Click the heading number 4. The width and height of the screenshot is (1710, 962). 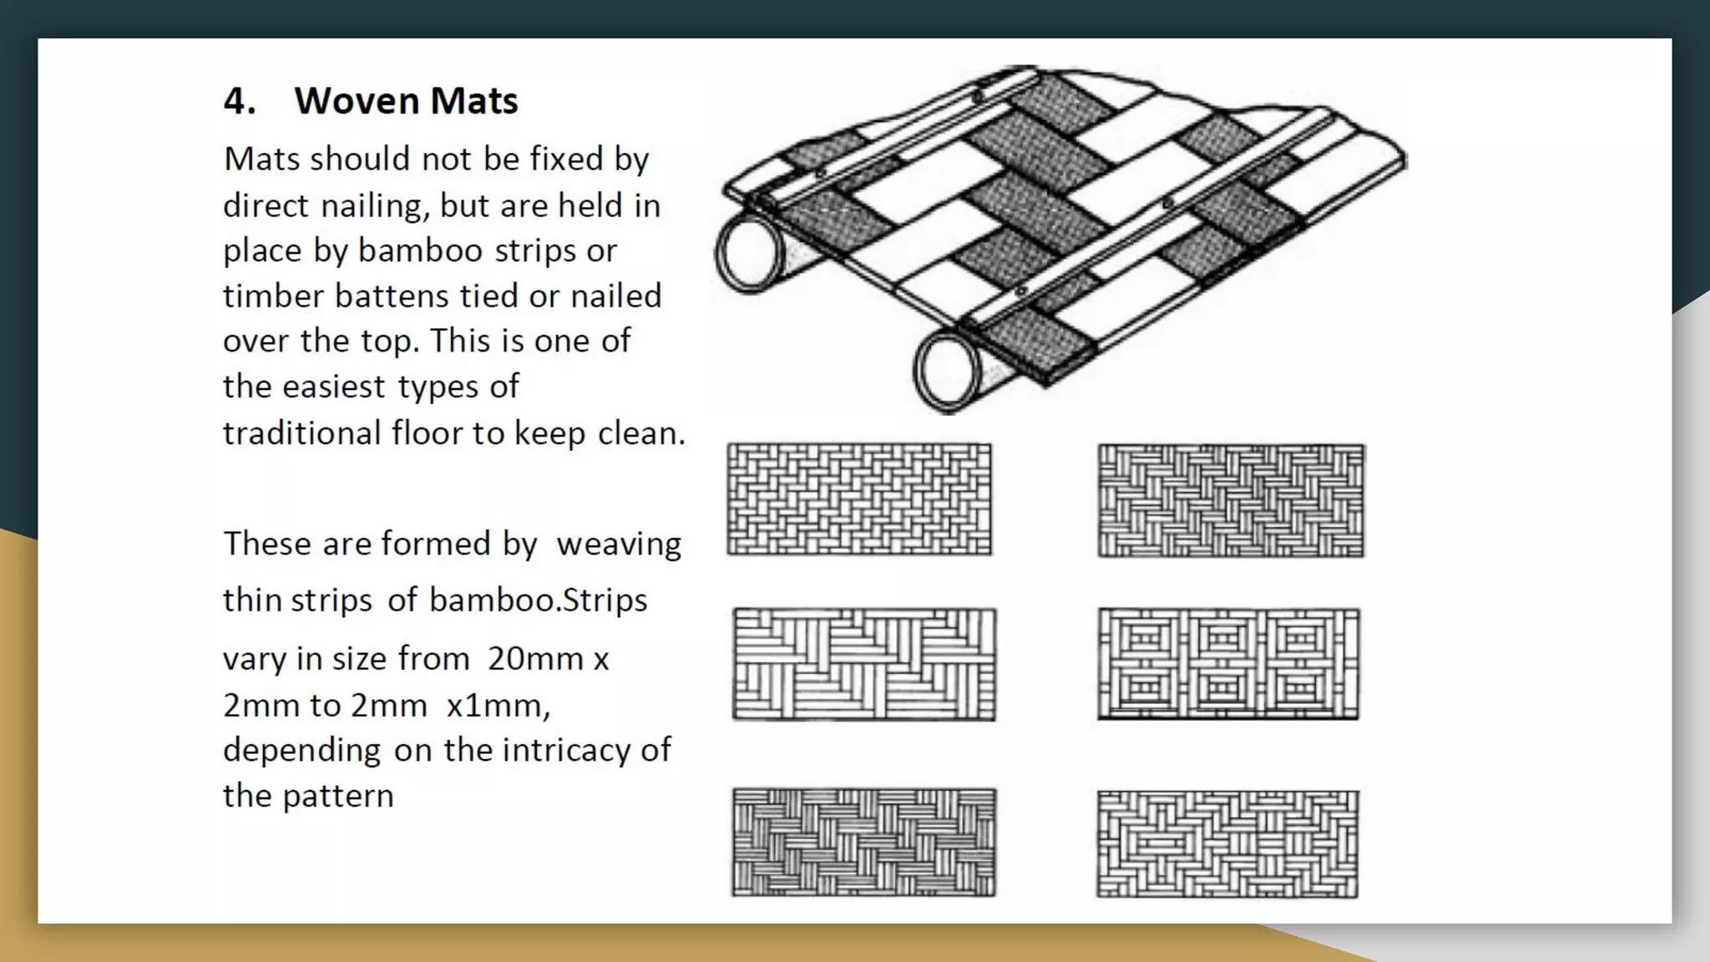click(x=239, y=101)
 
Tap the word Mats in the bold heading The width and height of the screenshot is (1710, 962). click(x=474, y=101)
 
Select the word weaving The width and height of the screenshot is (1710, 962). click(x=619, y=544)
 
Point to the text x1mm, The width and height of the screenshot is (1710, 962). click(x=498, y=706)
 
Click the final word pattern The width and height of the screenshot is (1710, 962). click(x=337, y=796)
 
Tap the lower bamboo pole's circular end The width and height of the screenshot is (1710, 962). click(x=949, y=368)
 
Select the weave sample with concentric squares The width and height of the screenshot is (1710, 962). click(x=1228, y=664)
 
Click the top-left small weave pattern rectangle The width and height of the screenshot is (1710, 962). click(x=859, y=499)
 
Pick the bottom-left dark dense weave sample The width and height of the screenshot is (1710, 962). click(x=864, y=842)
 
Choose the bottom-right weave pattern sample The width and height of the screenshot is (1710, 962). click(x=1227, y=843)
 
